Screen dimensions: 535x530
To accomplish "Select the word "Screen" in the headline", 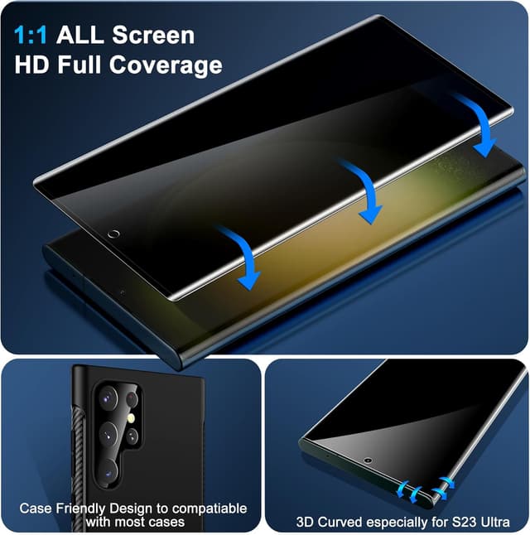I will coord(153,36).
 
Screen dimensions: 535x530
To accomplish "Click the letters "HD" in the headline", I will coord(33,65).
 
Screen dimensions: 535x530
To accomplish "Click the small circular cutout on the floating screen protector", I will coord(113,234).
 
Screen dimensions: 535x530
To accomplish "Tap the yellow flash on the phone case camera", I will coord(132,420).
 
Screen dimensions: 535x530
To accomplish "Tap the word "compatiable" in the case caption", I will coord(210,508).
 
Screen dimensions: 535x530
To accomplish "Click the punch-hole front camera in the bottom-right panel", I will coord(366,459).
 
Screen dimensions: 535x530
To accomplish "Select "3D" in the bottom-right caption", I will coord(306,523).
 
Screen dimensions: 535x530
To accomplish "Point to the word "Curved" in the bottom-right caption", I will coord(340,523).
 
